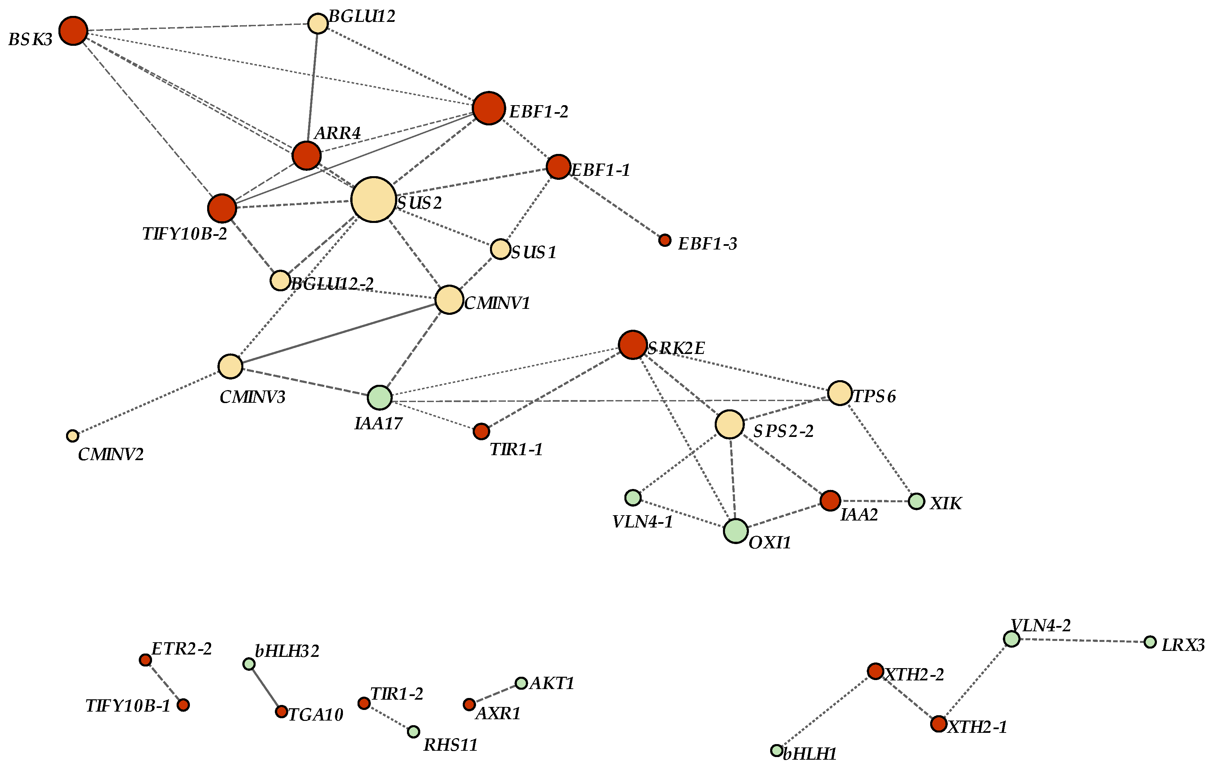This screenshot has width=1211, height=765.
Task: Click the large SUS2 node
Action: coord(373,199)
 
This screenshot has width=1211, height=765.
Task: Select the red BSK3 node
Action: coord(73,31)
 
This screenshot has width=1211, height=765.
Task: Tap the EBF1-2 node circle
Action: coord(488,108)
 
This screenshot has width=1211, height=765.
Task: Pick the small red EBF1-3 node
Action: coord(665,240)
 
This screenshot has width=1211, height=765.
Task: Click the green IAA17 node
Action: coord(380,397)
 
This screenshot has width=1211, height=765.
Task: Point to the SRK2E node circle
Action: coord(633,345)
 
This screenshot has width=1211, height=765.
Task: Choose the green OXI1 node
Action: coord(736,531)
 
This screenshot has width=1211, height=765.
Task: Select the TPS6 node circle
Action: coord(839,393)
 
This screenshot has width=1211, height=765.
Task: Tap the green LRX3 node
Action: coord(1150,642)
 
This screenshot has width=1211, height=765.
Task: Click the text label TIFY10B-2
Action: coord(185,234)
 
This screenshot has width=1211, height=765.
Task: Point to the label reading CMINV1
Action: coord(497,303)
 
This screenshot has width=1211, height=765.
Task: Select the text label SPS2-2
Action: coord(783,431)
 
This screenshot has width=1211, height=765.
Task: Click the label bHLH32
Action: coord(287,652)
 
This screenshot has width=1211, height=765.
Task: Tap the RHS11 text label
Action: coord(450,745)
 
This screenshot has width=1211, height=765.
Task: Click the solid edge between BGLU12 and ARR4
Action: coord(312,88)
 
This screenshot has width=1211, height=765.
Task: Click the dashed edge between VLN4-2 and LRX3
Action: coord(1081,640)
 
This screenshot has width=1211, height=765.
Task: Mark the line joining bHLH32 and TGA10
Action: coord(265,688)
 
